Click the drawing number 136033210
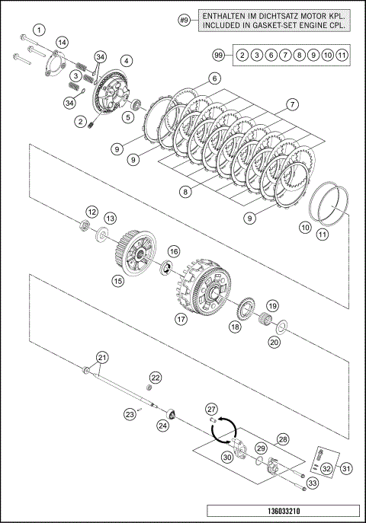[x=284, y=511]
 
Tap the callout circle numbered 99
[x=219, y=55]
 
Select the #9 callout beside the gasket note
[x=184, y=21]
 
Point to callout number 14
[x=62, y=43]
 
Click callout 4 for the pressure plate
[x=127, y=61]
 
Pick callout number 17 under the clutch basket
[x=181, y=319]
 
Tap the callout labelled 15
[x=118, y=281]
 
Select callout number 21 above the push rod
[x=102, y=358]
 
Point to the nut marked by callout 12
[x=85, y=225]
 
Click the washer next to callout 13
[x=102, y=234]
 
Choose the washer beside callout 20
[x=282, y=327]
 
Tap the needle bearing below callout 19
[x=266, y=318]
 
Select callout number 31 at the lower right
[x=346, y=469]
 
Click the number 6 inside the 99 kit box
[x=271, y=55]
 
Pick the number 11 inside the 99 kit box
[x=342, y=55]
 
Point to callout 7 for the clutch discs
[x=292, y=105]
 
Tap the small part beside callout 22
[x=149, y=387]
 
